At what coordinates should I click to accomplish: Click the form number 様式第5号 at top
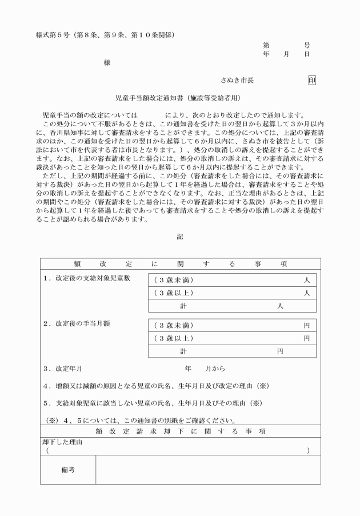(52, 35)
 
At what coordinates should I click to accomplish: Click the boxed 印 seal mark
(312, 81)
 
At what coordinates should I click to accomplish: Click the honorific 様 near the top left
(107, 63)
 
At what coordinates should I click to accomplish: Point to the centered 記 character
(180, 237)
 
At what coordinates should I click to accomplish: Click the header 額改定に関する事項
(180, 265)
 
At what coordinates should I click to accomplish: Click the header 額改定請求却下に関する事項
(180, 431)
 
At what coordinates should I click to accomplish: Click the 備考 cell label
(68, 470)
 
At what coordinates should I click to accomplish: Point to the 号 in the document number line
(307, 45)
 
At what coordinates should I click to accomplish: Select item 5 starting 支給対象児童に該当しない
(154, 402)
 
